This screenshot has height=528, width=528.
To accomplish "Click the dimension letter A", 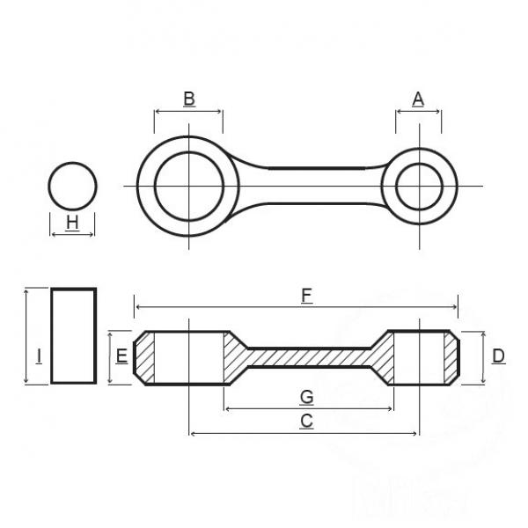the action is [x=418, y=99].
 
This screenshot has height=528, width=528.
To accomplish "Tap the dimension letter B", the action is [x=189, y=99].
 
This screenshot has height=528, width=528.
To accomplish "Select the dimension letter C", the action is [x=306, y=421].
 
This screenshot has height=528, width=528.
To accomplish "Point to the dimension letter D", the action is [x=498, y=356].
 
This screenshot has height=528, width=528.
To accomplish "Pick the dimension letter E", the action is [x=121, y=356].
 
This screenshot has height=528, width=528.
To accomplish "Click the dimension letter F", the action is [x=306, y=296].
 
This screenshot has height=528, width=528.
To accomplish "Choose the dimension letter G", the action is [x=307, y=397].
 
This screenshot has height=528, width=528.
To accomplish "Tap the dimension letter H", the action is [x=72, y=223].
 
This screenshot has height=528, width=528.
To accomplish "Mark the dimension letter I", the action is [x=39, y=356].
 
